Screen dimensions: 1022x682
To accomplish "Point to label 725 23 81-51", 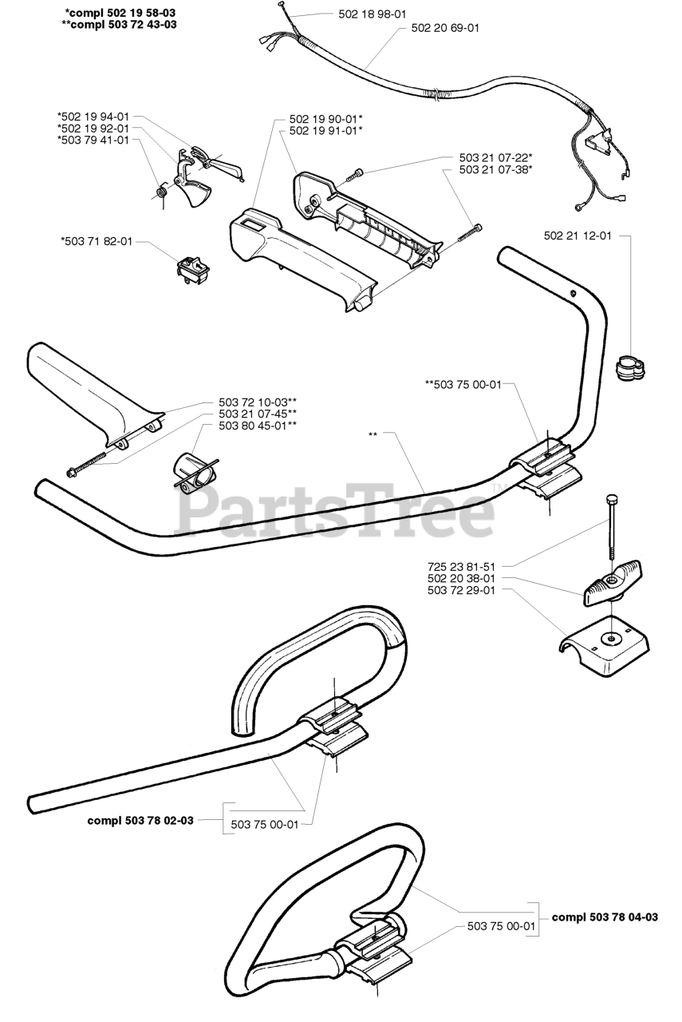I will pyautogui.click(x=462, y=564).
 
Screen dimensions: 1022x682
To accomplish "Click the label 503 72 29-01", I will pyautogui.click(x=462, y=590).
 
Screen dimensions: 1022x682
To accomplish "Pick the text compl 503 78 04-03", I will pyautogui.click(x=605, y=917).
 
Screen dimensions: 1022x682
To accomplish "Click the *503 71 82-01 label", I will pyautogui.click(x=96, y=240).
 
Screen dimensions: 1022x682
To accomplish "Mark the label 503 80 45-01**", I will pyautogui.click(x=258, y=426).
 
